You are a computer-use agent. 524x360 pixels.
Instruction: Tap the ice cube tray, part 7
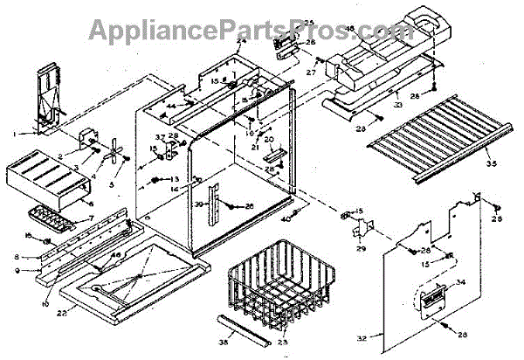coord(54,216)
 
